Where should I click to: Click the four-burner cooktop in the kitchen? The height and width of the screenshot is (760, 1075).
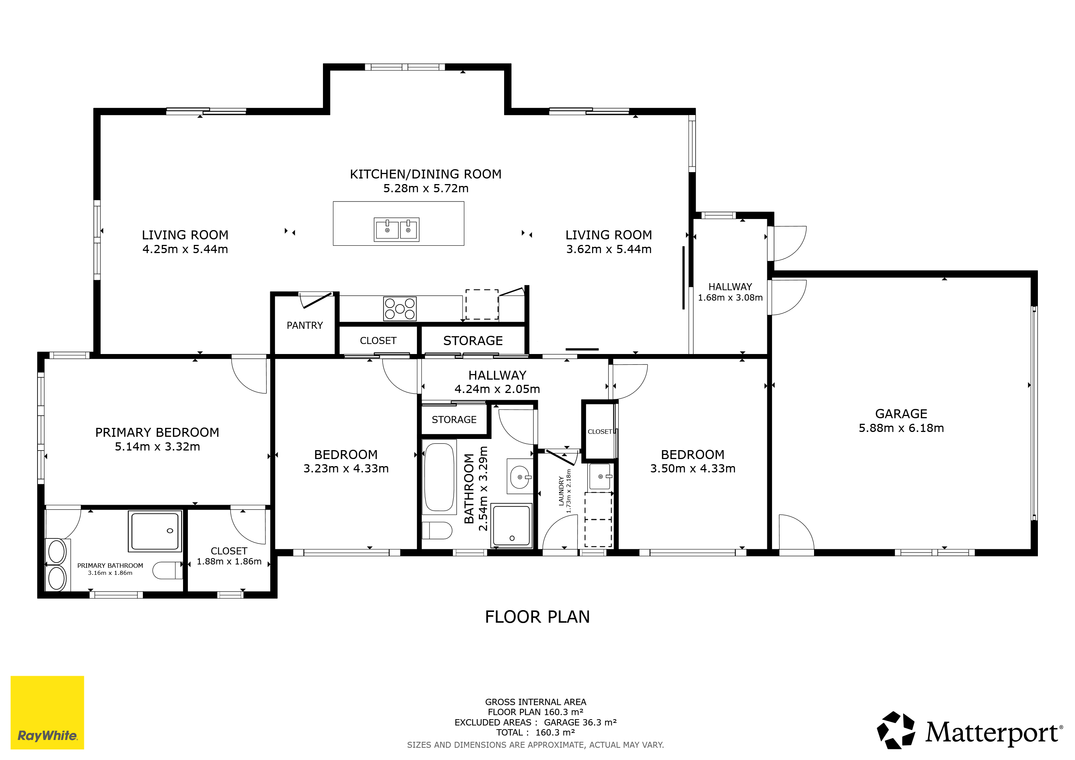click(x=399, y=308)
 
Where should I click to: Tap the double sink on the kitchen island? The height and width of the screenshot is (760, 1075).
click(x=396, y=229)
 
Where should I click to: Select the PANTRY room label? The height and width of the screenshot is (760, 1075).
click(x=305, y=325)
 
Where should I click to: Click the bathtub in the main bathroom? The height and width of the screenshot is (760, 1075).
click(x=439, y=477)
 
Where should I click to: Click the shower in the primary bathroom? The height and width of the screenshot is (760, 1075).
click(x=155, y=531)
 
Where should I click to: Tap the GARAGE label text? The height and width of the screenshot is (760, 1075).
click(x=901, y=414)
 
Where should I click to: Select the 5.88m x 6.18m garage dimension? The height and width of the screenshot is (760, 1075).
click(x=901, y=428)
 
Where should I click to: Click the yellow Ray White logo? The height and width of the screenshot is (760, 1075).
click(x=47, y=712)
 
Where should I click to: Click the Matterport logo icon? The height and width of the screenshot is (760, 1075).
click(x=896, y=730)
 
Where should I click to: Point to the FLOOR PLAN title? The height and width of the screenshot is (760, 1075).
click(x=537, y=617)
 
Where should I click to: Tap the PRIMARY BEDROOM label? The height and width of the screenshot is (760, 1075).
click(x=157, y=432)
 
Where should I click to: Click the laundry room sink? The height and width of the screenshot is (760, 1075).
click(x=600, y=476)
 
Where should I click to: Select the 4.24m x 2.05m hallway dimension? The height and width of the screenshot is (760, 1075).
click(x=497, y=389)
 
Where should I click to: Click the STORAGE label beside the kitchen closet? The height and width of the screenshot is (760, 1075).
click(x=473, y=341)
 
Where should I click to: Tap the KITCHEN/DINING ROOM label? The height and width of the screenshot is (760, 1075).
click(x=426, y=174)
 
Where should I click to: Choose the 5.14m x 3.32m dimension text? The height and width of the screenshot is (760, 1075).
click(x=157, y=446)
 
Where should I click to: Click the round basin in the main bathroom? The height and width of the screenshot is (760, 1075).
click(x=520, y=477)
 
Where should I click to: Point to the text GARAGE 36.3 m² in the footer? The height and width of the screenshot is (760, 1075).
click(x=580, y=722)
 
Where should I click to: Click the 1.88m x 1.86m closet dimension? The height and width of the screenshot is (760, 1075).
click(x=229, y=561)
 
